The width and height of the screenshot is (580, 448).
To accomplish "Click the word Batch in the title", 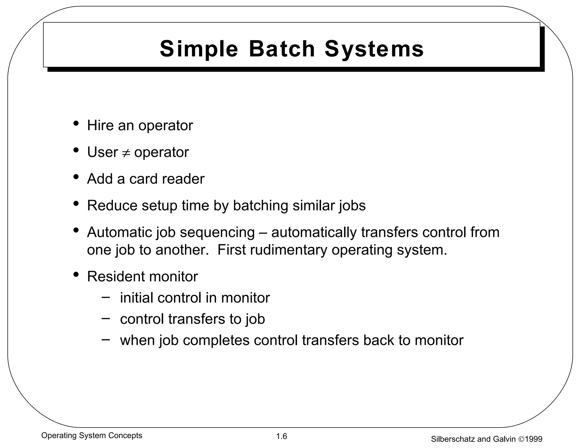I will point(282,49).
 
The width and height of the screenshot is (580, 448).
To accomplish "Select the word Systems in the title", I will point(374,49).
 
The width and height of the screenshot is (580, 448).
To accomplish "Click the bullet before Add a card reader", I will point(76,177).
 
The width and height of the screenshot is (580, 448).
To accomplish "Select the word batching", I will point(261,205).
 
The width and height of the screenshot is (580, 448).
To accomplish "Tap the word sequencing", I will point(217,232).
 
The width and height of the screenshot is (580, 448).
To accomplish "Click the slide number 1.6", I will point(282,436).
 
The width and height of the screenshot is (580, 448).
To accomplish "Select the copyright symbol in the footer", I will point(521,439).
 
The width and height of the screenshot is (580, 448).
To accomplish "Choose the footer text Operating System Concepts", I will point(92,436).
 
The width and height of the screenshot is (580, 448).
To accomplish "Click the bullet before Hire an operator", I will point(76,123).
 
